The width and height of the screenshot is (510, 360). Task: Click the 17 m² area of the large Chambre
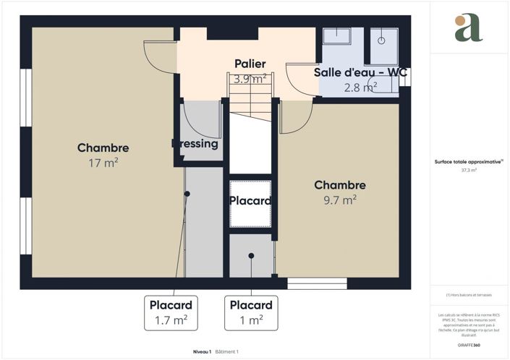[x=103, y=163]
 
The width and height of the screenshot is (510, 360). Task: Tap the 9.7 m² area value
[x=339, y=199]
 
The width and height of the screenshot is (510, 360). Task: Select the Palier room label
[x=250, y=64]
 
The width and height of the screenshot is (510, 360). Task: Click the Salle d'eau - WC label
[x=360, y=73]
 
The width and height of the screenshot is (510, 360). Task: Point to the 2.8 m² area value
[x=360, y=87]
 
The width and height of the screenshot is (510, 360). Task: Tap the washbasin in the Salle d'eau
[x=336, y=40]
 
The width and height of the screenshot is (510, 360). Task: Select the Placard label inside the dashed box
[x=250, y=201]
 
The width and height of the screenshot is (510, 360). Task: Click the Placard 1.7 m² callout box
[x=171, y=312]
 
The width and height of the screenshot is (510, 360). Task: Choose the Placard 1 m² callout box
[x=251, y=312]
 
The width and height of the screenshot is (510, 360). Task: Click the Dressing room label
[x=195, y=144]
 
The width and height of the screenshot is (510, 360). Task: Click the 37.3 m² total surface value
[x=468, y=171]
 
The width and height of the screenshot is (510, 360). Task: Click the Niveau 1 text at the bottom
[x=202, y=351]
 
